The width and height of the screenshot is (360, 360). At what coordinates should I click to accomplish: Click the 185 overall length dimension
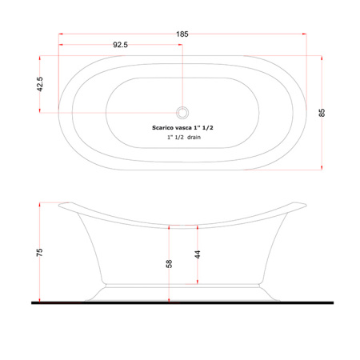point(182,34)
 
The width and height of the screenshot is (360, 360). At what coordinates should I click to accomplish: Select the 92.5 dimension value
point(120,45)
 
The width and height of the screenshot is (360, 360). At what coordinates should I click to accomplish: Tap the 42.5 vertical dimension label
point(39,84)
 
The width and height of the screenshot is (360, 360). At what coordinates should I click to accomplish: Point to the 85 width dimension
point(322,113)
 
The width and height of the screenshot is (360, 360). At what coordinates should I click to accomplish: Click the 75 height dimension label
point(39,252)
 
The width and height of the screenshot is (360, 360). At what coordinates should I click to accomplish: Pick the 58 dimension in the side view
point(169,264)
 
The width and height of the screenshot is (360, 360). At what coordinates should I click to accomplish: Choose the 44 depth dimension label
point(198,254)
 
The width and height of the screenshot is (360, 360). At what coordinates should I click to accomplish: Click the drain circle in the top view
point(182,113)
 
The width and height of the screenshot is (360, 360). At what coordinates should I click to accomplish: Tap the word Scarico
point(162,128)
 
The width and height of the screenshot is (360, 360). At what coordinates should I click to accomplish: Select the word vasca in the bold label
point(183,128)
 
